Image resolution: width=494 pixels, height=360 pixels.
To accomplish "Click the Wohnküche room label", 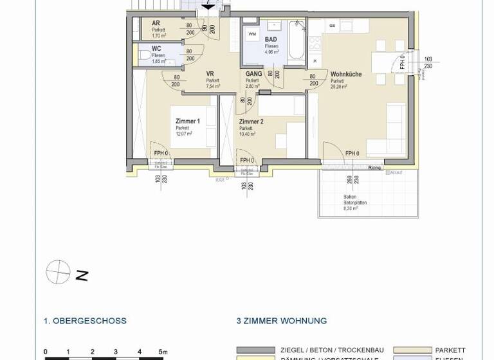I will pos(345,75).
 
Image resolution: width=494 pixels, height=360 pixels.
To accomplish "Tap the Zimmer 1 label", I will pos(188,121).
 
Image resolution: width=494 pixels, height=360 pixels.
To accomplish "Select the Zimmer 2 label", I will pos(251,122).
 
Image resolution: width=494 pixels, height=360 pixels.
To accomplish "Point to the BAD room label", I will pos(271,39).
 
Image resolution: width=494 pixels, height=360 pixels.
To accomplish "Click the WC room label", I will pos(157,49).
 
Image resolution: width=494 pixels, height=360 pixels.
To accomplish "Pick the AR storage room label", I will pos(156,23).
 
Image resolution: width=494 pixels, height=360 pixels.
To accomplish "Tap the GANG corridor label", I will pos(253,74).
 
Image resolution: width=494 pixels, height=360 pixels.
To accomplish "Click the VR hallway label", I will pos(210,74).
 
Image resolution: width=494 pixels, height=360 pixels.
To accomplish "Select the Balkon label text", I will pos(349,197).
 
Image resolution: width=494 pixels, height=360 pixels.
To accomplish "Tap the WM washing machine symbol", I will pos(252,33).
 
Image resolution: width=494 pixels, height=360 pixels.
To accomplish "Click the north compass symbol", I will pos(58,272).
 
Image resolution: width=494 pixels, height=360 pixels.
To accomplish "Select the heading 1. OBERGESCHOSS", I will pos(85,320).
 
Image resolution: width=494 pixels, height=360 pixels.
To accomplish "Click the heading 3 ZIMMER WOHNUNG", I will pos(281,320).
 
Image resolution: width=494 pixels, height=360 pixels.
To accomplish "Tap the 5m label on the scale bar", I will pos(163,352).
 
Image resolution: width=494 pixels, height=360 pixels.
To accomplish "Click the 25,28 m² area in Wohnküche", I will pos(339,87).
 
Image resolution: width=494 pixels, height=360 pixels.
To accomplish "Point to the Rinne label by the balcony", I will pos(374,168).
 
